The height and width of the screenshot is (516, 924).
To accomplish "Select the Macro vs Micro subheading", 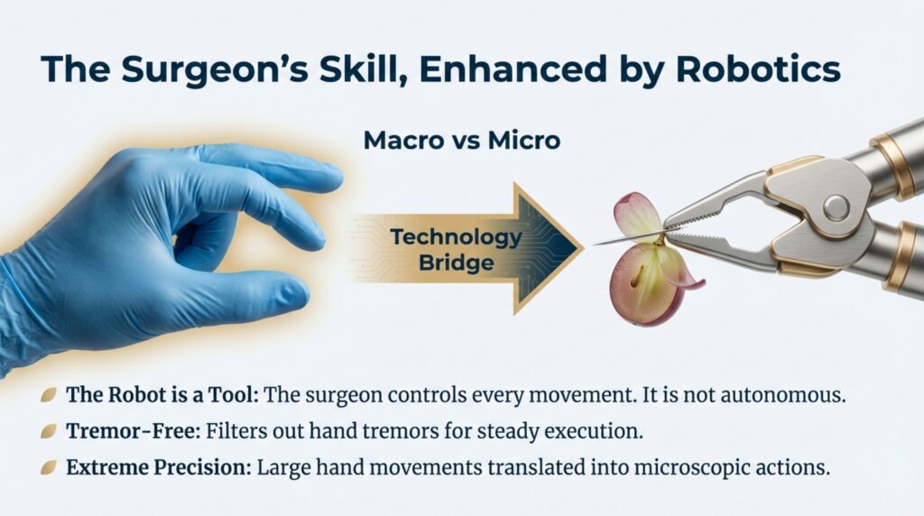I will [x=461, y=141].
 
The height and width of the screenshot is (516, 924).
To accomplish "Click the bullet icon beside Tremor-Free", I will [x=49, y=431].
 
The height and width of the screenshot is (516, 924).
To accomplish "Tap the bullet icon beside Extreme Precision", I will [x=49, y=467].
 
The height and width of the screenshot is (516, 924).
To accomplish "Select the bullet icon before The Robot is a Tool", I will [x=49, y=395].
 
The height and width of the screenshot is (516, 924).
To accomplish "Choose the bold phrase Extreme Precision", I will [x=152, y=467].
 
